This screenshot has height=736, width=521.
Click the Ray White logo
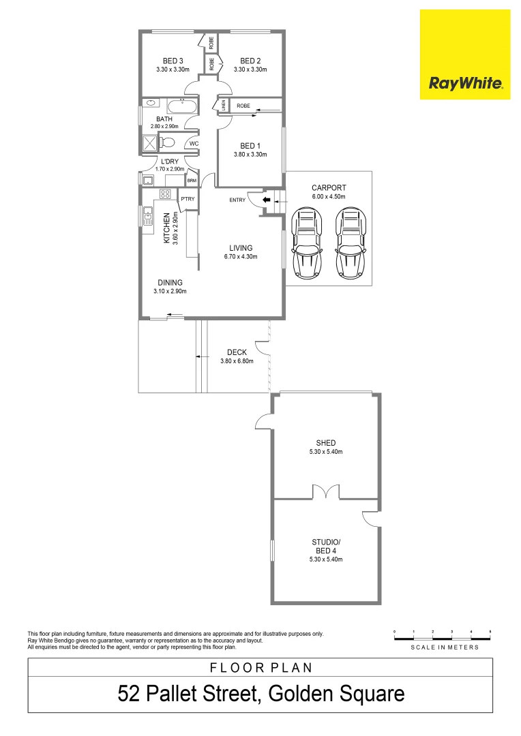465,55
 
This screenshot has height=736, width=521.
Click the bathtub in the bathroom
181,107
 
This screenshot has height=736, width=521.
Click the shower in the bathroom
149,143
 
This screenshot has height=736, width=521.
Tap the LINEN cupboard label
223,106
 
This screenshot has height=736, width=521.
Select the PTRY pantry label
188,199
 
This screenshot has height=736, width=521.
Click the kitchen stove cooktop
164,194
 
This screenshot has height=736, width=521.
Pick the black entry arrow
267,200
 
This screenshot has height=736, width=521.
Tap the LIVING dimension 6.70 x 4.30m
241,257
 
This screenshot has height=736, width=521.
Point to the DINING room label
170,282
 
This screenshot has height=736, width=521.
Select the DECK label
237,352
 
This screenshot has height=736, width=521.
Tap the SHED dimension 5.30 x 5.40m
325,452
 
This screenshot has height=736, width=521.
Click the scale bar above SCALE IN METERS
442,637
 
